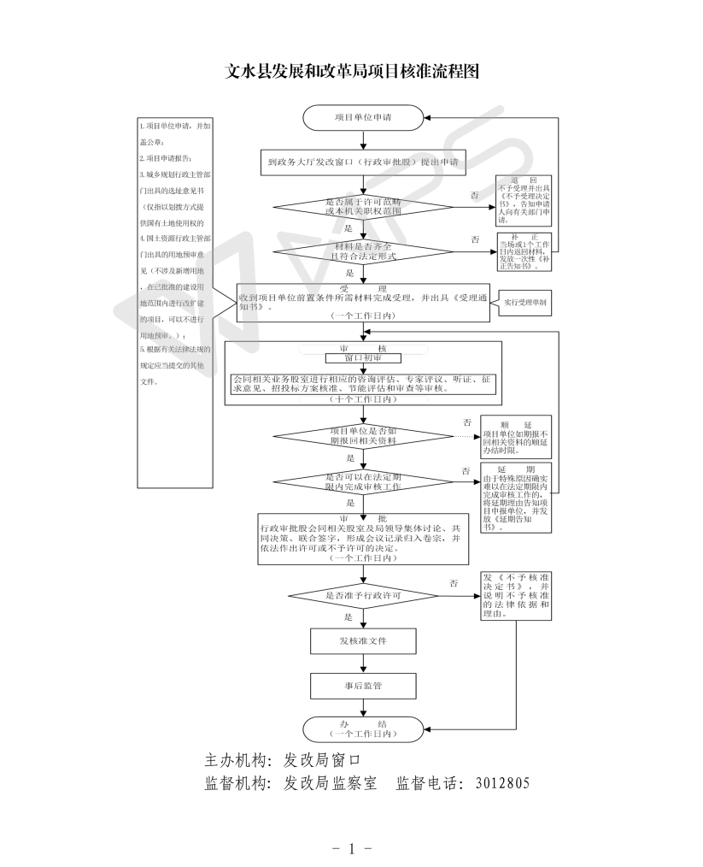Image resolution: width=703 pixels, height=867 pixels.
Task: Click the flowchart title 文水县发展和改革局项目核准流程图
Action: pos(351,72)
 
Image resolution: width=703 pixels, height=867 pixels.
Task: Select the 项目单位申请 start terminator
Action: pos(363,117)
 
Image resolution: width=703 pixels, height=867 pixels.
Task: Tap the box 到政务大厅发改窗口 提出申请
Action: pos(362,161)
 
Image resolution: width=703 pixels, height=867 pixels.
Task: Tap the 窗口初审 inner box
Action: pos(362,358)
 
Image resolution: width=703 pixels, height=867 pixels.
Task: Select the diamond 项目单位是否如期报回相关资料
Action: pos(363,436)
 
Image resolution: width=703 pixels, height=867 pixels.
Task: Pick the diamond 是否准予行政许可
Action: pos(363,595)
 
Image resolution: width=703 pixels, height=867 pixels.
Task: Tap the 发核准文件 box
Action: pos(363,640)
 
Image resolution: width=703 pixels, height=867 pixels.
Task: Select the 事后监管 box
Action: pos(363,685)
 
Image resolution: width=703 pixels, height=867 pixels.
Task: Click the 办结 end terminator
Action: pos(363,728)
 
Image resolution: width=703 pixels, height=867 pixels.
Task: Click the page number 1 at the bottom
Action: pos(351,849)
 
